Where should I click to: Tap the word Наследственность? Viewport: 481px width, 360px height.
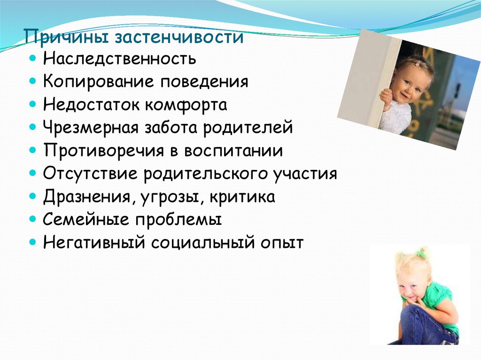pyautogui.click(x=119, y=58)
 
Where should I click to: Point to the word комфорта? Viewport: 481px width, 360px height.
pyautogui.click(x=186, y=105)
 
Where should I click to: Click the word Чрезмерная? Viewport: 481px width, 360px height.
pyautogui.click(x=91, y=128)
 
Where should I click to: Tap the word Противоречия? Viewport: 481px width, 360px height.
pyautogui.click(x=104, y=151)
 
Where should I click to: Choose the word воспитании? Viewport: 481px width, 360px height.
pyautogui.click(x=233, y=151)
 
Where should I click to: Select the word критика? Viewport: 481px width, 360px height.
pyautogui.click(x=242, y=197)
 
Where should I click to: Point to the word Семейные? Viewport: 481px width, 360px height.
pyautogui.click(x=86, y=220)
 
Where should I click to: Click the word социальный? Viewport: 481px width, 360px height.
pyautogui.click(x=202, y=243)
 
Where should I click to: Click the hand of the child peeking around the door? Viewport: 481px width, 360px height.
pyautogui.click(x=386, y=98)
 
